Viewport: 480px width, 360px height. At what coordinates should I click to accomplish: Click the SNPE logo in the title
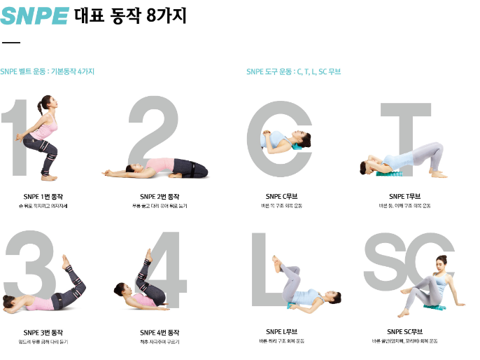[x=34, y=15]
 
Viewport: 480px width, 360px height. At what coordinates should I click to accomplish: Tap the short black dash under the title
[x=11, y=43]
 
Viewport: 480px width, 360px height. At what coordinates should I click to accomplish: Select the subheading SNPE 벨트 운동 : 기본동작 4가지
[x=48, y=71]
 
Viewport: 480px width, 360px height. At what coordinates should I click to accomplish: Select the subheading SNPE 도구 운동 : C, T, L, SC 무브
[x=293, y=71]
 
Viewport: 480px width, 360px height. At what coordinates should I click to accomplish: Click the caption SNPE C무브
[x=283, y=196]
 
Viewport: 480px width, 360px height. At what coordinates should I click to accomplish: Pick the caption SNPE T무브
[x=404, y=196]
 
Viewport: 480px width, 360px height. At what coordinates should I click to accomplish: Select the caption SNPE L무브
[x=283, y=331]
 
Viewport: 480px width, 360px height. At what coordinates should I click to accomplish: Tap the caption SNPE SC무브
[x=404, y=331]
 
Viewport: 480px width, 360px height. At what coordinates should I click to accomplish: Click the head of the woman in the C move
[x=302, y=137]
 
